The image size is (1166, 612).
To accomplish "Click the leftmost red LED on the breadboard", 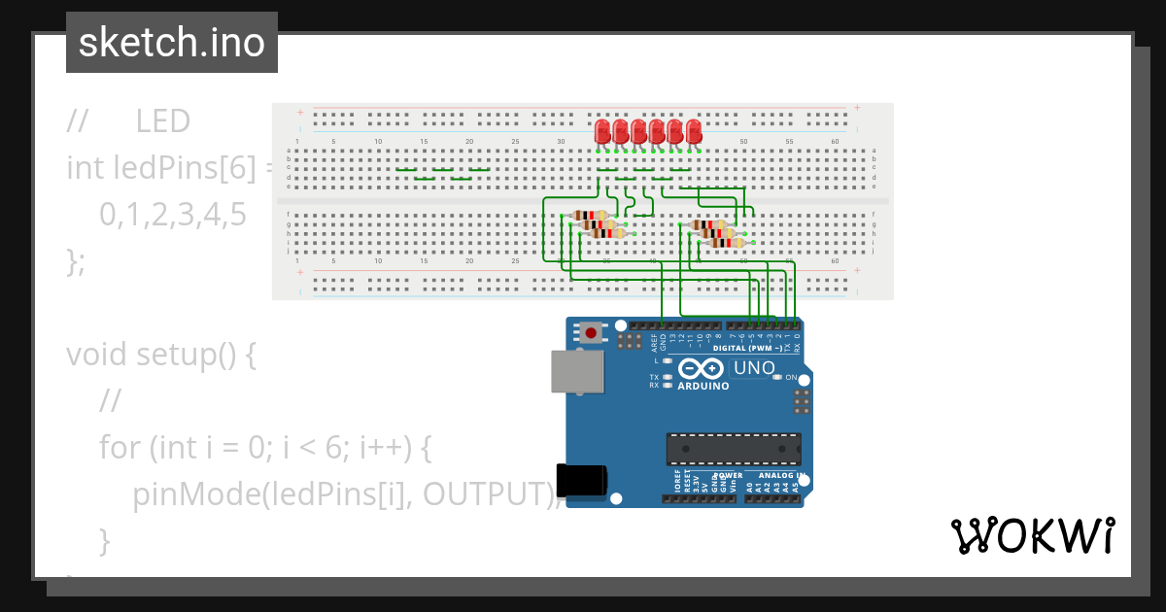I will [x=602, y=131].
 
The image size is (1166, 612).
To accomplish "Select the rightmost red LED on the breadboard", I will [x=694, y=131].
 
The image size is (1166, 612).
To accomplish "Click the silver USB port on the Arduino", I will [x=576, y=371].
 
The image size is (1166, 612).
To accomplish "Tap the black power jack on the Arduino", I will [x=582, y=483].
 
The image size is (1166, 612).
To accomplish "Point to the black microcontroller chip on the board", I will [x=734, y=449].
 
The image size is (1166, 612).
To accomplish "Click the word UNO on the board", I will [x=754, y=368].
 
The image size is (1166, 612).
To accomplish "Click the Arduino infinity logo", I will [x=701, y=368].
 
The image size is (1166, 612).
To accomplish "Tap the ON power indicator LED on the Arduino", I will [x=777, y=377].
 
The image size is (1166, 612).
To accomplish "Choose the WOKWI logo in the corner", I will [x=1032, y=535].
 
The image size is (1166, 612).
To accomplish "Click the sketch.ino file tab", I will [x=172, y=43].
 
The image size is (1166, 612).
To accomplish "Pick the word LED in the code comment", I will [x=162, y=121].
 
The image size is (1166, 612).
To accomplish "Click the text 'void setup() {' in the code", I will [x=161, y=355].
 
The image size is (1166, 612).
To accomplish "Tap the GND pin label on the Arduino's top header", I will [x=664, y=341].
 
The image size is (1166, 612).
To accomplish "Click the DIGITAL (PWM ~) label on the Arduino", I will [x=747, y=348].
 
